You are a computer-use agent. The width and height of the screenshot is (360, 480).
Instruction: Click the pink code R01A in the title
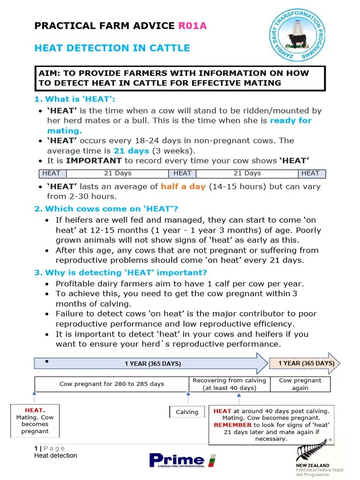pyautogui.click(x=192, y=25)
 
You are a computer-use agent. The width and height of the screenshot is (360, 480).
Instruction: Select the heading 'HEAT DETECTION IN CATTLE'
pyautogui.click(x=112, y=48)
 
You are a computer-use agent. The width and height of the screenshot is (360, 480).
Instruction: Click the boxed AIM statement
pyautogui.click(x=180, y=78)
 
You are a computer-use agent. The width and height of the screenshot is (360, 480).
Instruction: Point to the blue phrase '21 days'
pyautogui.click(x=131, y=151)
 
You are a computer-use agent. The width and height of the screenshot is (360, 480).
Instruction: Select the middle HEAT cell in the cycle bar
pyautogui.click(x=182, y=173)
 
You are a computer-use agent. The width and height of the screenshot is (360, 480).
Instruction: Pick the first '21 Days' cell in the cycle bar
pyautogui.click(x=118, y=173)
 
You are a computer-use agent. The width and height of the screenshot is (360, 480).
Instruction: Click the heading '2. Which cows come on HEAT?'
pyautogui.click(x=106, y=209)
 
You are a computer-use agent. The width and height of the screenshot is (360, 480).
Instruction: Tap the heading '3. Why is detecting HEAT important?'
pyautogui.click(x=120, y=273)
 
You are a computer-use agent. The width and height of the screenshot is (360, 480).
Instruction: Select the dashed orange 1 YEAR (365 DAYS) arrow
pyautogui.click(x=305, y=363)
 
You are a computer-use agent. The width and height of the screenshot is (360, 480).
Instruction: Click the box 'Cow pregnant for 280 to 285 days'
pyautogui.click(x=112, y=384)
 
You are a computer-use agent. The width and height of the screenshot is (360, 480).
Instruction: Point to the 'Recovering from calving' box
pyautogui.click(x=229, y=384)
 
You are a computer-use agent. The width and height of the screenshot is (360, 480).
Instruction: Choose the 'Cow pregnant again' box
pyautogui.click(x=300, y=384)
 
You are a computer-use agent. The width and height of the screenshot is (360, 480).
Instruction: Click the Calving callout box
pyautogui.click(x=187, y=412)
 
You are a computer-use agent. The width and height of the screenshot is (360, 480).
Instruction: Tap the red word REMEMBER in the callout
pyautogui.click(x=232, y=425)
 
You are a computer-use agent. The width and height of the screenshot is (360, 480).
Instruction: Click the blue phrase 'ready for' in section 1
pyautogui.click(x=291, y=120)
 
